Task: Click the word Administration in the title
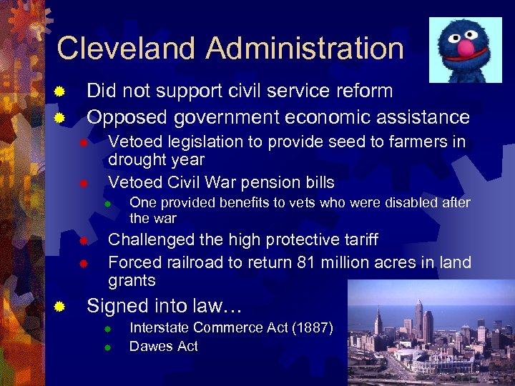pos(305,48)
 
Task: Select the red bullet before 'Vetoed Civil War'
pos(83,183)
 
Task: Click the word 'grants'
pos(132,280)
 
